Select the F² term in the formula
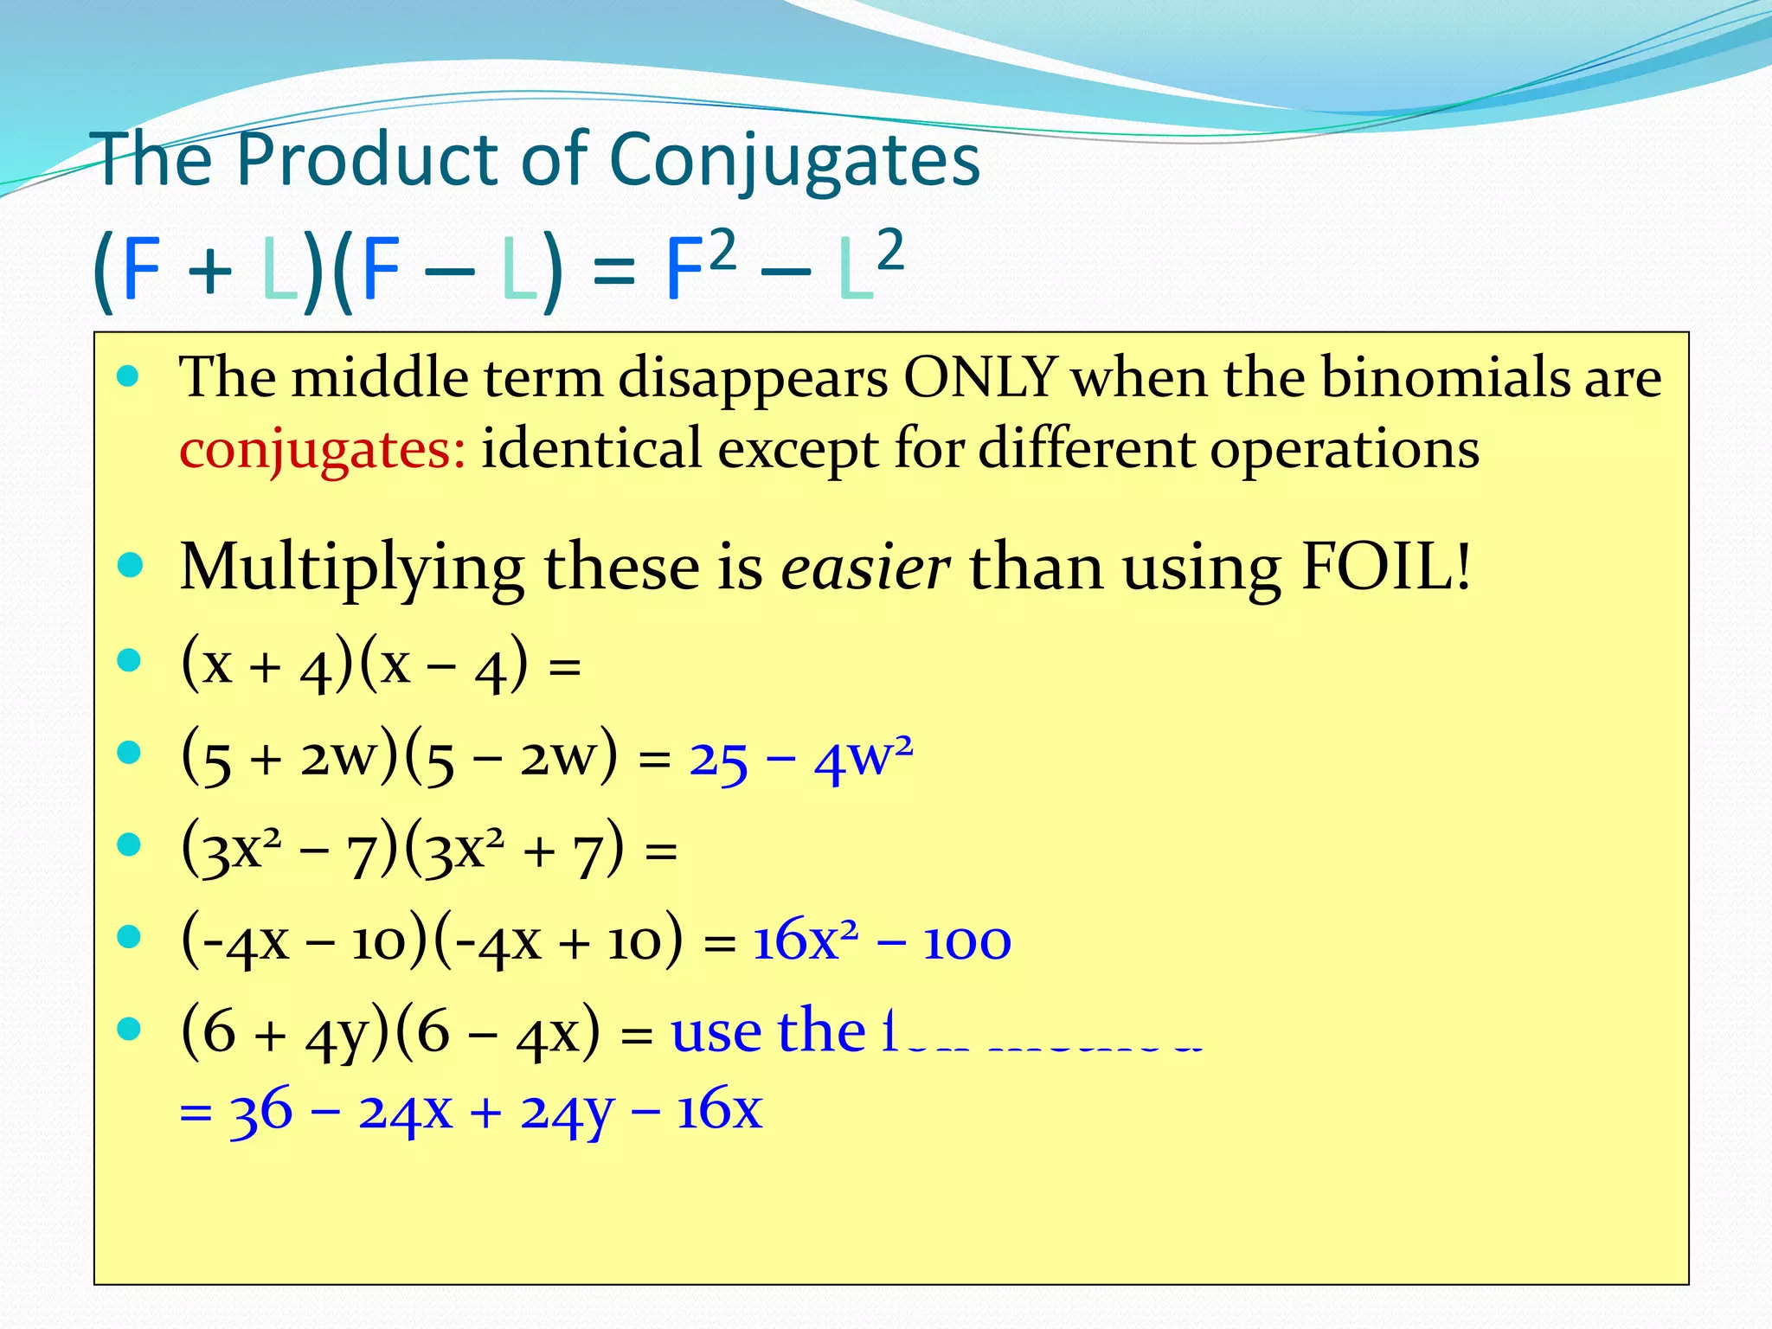click(x=700, y=265)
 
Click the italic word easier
click(x=865, y=568)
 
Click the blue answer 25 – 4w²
click(x=800, y=760)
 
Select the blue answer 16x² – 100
click(x=881, y=941)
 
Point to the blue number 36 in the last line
click(x=260, y=1111)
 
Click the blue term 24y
click(x=568, y=1113)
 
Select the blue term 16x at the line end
click(x=719, y=1111)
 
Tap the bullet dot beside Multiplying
click(x=130, y=566)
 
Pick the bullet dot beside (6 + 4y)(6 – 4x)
click(x=130, y=1028)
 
